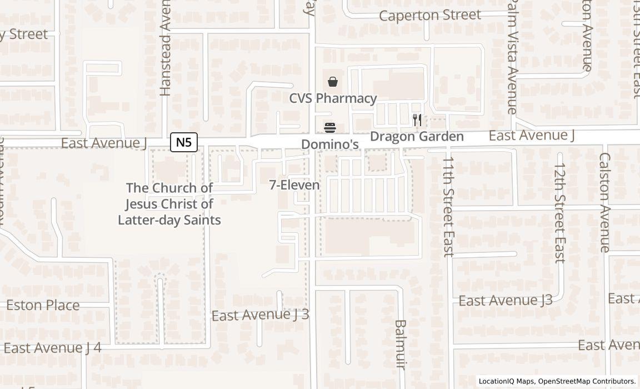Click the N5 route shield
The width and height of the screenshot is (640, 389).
[183, 142]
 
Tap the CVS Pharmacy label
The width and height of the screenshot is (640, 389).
[333, 98]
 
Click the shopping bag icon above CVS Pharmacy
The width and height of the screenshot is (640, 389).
[333, 82]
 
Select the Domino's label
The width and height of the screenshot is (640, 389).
[329, 144]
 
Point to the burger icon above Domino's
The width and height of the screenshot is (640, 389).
[330, 128]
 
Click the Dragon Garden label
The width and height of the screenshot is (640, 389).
[417, 136]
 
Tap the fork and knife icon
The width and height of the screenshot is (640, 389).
[417, 119]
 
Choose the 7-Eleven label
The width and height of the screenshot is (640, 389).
[294, 185]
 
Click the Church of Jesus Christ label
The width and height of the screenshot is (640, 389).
[169, 204]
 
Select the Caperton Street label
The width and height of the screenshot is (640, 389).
[430, 15]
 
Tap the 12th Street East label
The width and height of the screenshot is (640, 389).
[559, 212]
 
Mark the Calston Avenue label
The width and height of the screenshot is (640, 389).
[604, 202]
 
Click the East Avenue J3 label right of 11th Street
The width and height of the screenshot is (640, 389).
[505, 301]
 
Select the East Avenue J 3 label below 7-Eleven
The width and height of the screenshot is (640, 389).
[260, 315]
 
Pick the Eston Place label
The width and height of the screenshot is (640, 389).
[43, 305]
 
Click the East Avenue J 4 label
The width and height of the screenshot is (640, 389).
[52, 348]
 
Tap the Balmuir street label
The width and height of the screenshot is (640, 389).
[401, 344]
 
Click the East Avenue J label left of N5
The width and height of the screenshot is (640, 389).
[103, 143]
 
